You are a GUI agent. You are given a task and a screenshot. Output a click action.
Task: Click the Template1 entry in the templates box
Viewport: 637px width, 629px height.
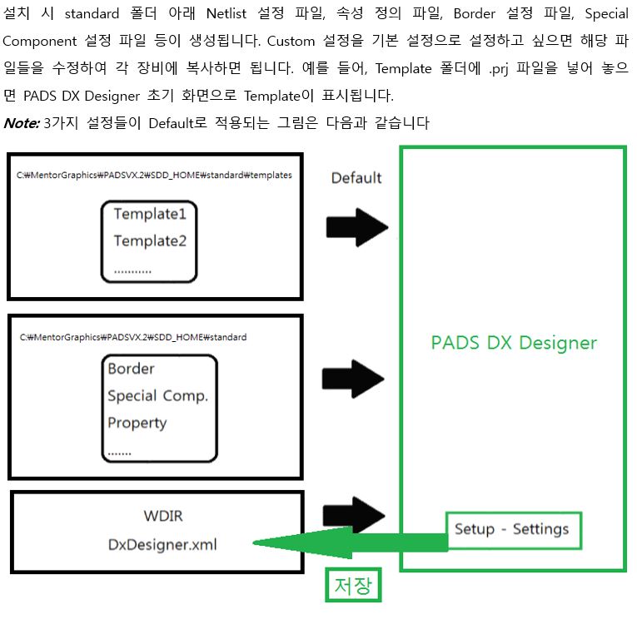pos(150,214)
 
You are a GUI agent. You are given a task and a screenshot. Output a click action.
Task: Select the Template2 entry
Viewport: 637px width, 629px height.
pos(150,241)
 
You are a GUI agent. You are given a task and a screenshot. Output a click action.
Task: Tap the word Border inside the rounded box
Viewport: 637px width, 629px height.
pos(131,369)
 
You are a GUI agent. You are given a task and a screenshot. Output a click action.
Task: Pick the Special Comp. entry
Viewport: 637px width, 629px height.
pos(157,395)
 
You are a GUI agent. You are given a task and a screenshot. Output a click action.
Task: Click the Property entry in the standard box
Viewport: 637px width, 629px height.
pos(137,423)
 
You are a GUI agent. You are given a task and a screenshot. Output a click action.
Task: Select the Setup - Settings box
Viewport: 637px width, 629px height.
pos(512,529)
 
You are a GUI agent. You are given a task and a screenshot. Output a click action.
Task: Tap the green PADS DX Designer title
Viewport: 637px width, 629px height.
pos(514,343)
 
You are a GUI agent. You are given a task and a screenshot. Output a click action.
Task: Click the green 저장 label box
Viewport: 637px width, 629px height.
pos(353,586)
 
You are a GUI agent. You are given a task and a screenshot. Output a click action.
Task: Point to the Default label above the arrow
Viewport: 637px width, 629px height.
pos(356,177)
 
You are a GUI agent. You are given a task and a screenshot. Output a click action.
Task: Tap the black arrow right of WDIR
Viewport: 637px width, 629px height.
pos(356,512)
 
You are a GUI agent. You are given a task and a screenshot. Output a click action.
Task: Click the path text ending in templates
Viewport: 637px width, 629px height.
pos(154,176)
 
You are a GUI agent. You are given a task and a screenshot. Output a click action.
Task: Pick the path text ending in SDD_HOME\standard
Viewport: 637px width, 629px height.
pos(133,337)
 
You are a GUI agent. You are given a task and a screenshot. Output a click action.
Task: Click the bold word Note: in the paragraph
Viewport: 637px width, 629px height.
pos(22,123)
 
